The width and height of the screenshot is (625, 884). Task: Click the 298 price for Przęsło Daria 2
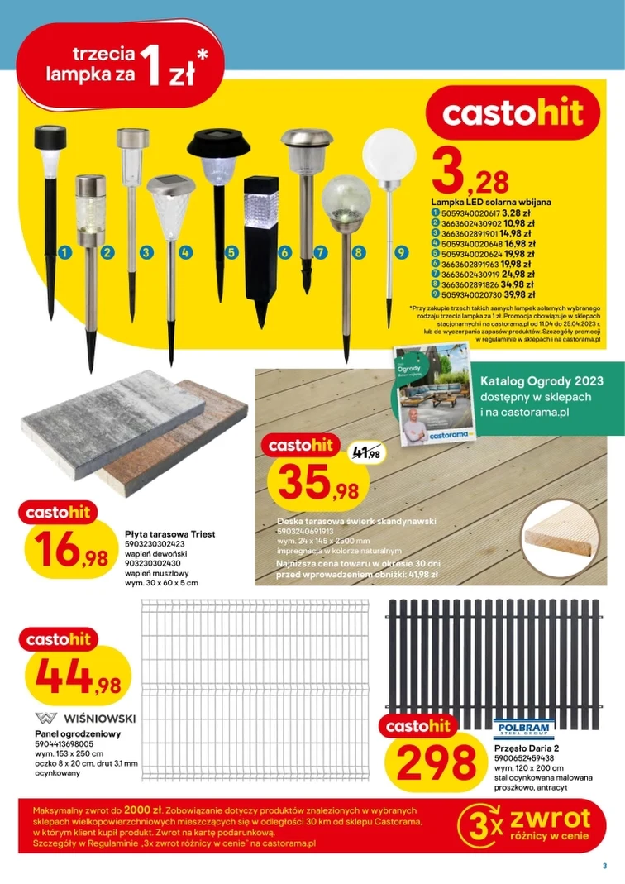[431, 762]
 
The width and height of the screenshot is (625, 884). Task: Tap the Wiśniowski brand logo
[86, 717]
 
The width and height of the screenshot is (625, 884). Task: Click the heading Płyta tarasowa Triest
[169, 534]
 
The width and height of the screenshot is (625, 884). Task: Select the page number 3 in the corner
[604, 867]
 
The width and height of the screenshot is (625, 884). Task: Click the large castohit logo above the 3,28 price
[513, 113]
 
